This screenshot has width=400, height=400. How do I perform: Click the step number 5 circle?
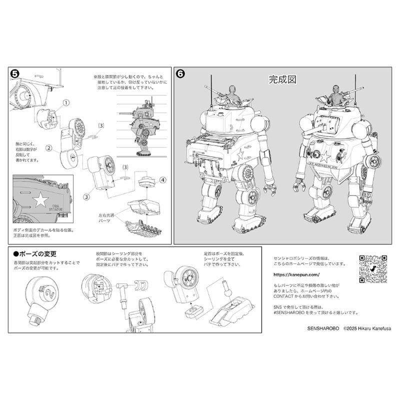[15, 73]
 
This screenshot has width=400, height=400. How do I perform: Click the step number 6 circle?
[181, 73]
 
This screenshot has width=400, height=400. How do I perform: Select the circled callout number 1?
[65, 103]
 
